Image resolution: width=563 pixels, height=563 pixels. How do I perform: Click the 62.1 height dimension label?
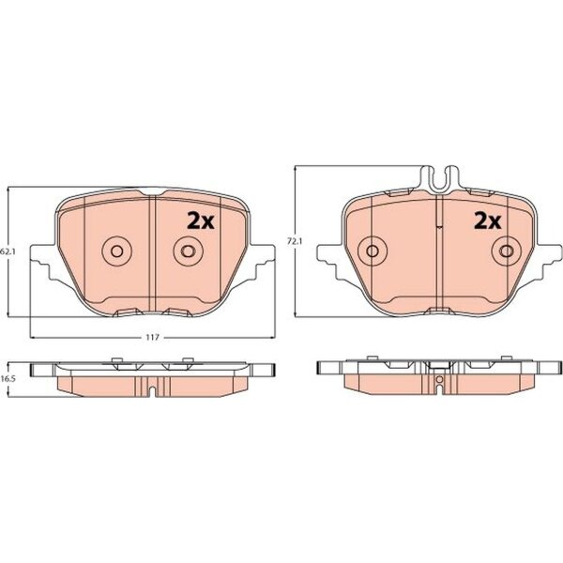[5, 251]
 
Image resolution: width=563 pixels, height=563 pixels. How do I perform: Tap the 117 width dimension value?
[153, 338]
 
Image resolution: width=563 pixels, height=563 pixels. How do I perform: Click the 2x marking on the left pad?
[201, 221]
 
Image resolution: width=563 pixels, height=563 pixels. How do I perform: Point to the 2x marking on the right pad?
[487, 221]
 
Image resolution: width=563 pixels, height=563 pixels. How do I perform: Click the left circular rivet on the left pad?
[116, 251]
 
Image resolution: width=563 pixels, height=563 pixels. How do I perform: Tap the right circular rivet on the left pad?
[188, 251]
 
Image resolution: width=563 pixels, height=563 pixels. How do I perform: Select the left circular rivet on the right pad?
[373, 251]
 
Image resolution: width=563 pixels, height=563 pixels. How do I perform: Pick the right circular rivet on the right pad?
[507, 251]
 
